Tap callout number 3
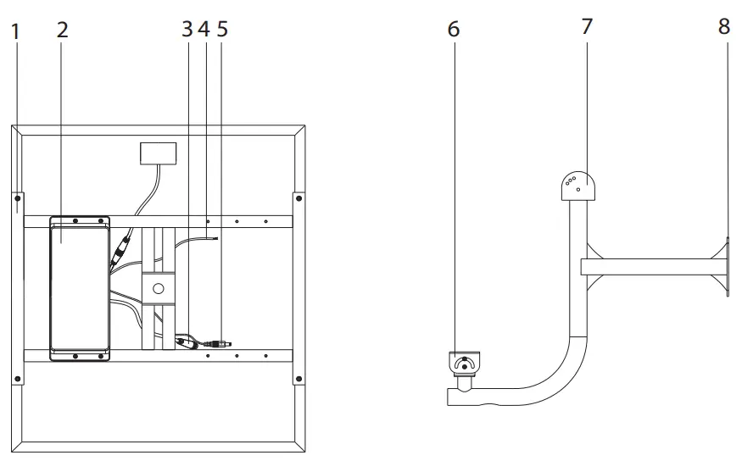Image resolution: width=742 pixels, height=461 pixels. point(187,29)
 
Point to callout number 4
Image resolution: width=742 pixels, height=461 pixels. point(204,29)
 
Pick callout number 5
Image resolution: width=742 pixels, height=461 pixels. point(222,29)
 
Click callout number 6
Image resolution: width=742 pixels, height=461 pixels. point(453,29)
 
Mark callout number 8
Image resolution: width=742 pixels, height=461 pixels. point(723,25)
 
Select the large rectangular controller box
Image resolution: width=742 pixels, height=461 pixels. point(80,288)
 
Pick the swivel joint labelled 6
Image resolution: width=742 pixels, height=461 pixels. point(462,365)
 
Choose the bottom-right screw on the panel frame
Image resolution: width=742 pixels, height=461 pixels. point(298,376)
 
